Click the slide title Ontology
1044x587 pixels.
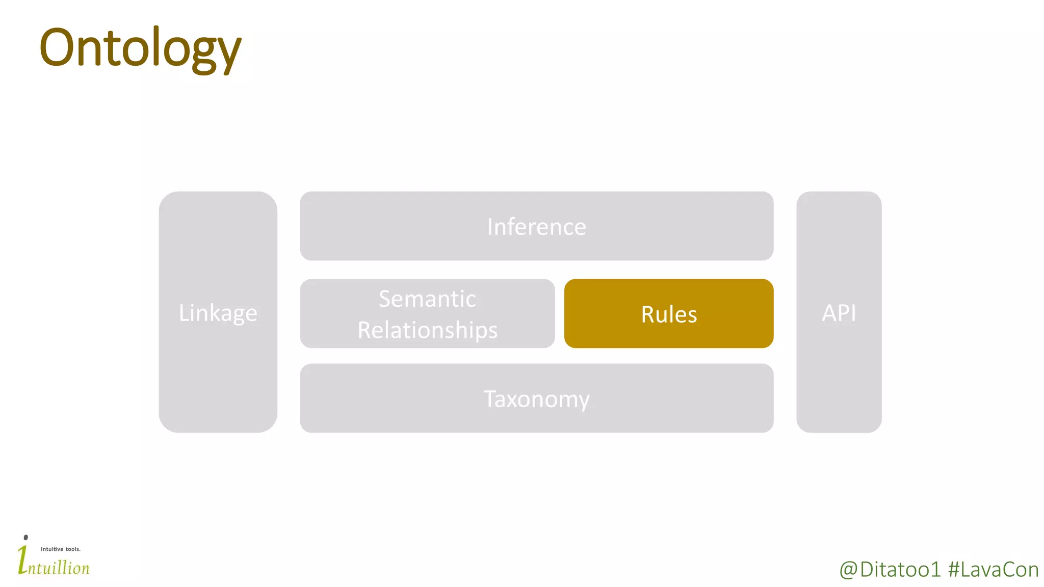(140, 48)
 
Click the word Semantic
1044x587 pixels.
(427, 299)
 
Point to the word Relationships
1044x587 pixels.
(427, 330)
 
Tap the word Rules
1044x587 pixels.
(669, 314)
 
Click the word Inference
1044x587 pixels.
(536, 227)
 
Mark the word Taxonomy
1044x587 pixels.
(536, 399)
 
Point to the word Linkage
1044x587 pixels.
(218, 313)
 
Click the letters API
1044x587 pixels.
(839, 313)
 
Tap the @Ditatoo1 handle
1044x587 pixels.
(890, 570)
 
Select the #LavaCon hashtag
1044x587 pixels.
(993, 570)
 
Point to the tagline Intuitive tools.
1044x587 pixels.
(61, 549)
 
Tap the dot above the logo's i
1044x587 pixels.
(26, 537)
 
